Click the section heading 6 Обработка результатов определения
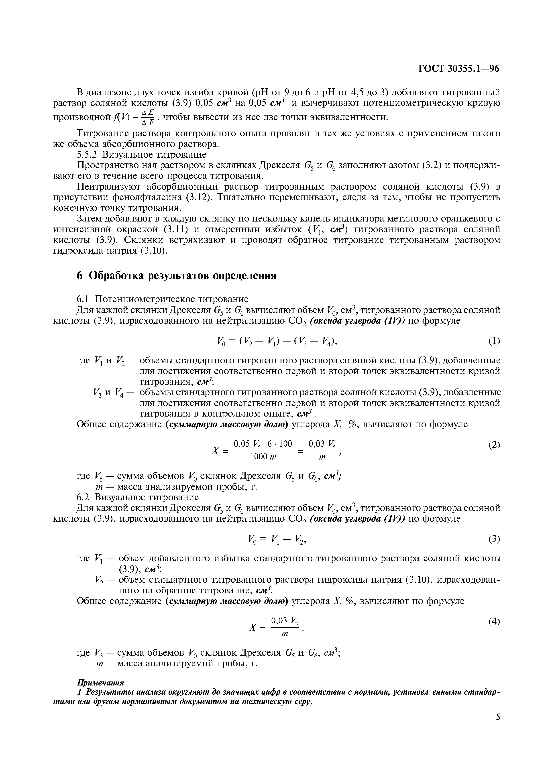pos(176,276)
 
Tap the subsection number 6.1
pos(83,299)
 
